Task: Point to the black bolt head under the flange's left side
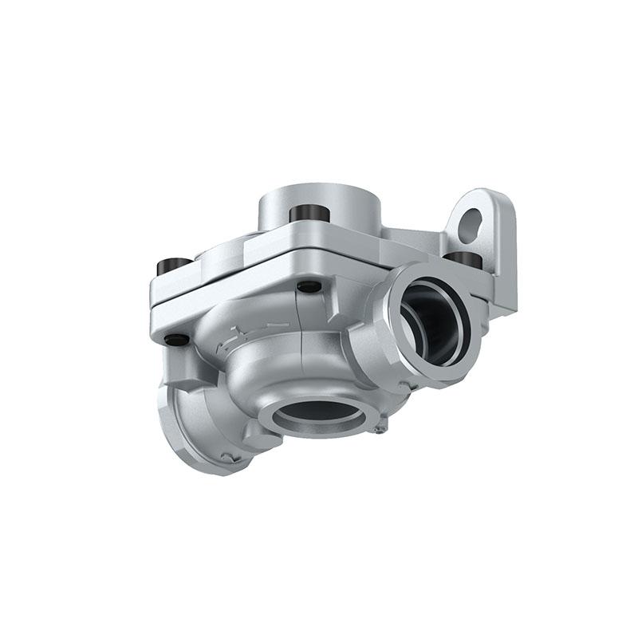pos(177,340)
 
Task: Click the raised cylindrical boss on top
pos(319,203)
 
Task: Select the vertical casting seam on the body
pos(301,319)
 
